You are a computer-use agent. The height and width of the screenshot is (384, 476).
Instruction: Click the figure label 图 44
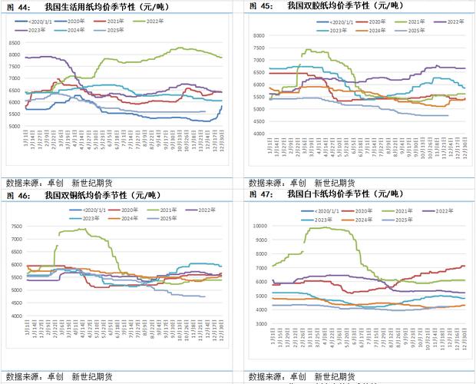point(18,5)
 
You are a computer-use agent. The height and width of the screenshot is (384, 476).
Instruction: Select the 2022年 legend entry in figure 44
point(167,23)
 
